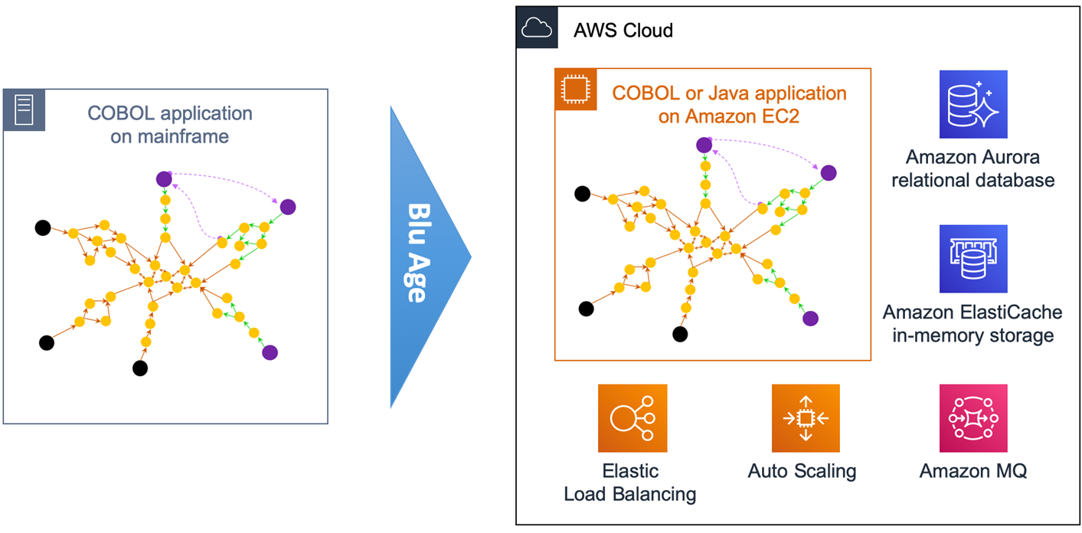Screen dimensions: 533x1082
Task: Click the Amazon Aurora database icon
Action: click(972, 104)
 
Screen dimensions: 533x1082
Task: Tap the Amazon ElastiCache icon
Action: click(972, 259)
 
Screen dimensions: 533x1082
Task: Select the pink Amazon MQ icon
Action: click(972, 418)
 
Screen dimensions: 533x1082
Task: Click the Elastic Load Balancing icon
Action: click(633, 418)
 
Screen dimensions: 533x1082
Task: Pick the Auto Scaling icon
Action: click(805, 418)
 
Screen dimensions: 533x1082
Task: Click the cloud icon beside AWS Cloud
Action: click(536, 29)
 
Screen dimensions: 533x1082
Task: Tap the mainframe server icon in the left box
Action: click(24, 110)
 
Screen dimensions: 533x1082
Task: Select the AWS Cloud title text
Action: click(623, 31)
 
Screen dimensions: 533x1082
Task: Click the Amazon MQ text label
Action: click(972, 470)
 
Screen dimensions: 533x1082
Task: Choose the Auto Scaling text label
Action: click(802, 470)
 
